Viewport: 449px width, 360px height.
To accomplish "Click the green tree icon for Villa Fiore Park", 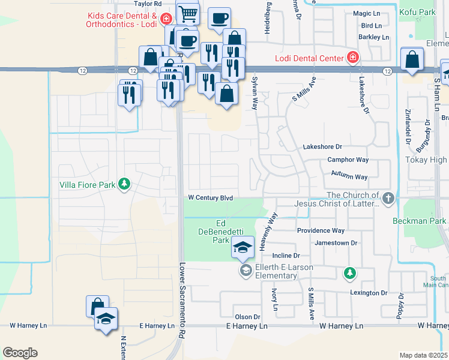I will tap(124, 184).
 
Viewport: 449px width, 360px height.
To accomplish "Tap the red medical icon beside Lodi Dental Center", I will tap(353, 58).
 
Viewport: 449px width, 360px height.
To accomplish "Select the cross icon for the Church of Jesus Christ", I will tap(388, 197).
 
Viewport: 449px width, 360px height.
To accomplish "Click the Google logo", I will tap(20, 352).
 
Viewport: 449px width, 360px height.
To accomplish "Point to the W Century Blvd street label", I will tap(210, 197).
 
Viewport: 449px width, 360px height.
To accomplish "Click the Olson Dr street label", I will tap(247, 316).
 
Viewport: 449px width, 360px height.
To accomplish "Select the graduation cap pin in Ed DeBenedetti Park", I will tap(243, 248).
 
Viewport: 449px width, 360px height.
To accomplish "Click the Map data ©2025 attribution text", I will tap(423, 355).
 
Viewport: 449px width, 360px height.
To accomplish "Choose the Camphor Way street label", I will tap(348, 160).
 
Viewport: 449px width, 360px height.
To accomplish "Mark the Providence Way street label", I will tap(321, 230).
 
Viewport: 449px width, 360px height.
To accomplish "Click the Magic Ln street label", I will tap(367, 13).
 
